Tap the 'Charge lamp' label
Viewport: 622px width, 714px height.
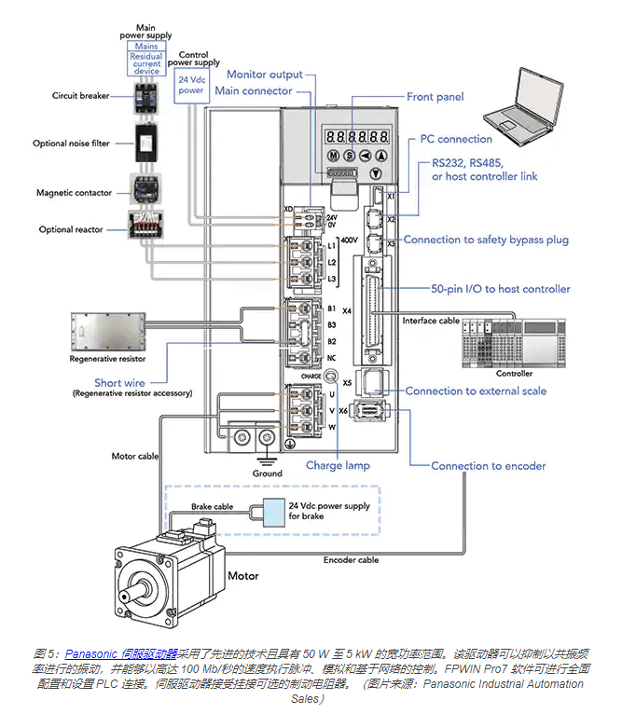[x=338, y=465]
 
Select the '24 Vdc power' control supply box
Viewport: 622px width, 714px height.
[x=191, y=86]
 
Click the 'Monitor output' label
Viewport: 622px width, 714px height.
[x=265, y=75]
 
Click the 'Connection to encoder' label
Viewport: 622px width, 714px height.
[x=489, y=466]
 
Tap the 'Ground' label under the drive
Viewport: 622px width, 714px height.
[x=267, y=474]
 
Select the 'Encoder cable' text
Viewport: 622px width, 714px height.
[x=351, y=560]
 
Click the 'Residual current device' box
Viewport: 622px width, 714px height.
[x=146, y=63]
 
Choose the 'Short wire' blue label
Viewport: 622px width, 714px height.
[x=120, y=382]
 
